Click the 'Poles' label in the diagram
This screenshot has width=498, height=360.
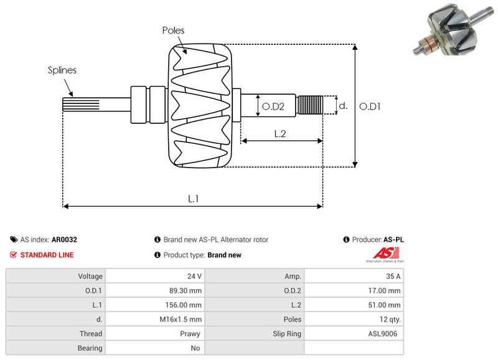[173, 30]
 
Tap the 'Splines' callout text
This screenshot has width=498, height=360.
[62, 70]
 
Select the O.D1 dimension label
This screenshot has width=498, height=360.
[370, 107]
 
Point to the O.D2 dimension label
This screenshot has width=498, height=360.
[273, 107]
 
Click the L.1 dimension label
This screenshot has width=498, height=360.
[193, 198]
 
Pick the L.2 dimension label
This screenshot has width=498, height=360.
[280, 133]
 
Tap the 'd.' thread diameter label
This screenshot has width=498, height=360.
[342, 107]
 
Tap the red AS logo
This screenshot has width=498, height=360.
[382, 253]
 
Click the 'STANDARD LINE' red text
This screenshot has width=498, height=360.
[47, 255]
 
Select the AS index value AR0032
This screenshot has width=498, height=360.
[64, 239]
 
